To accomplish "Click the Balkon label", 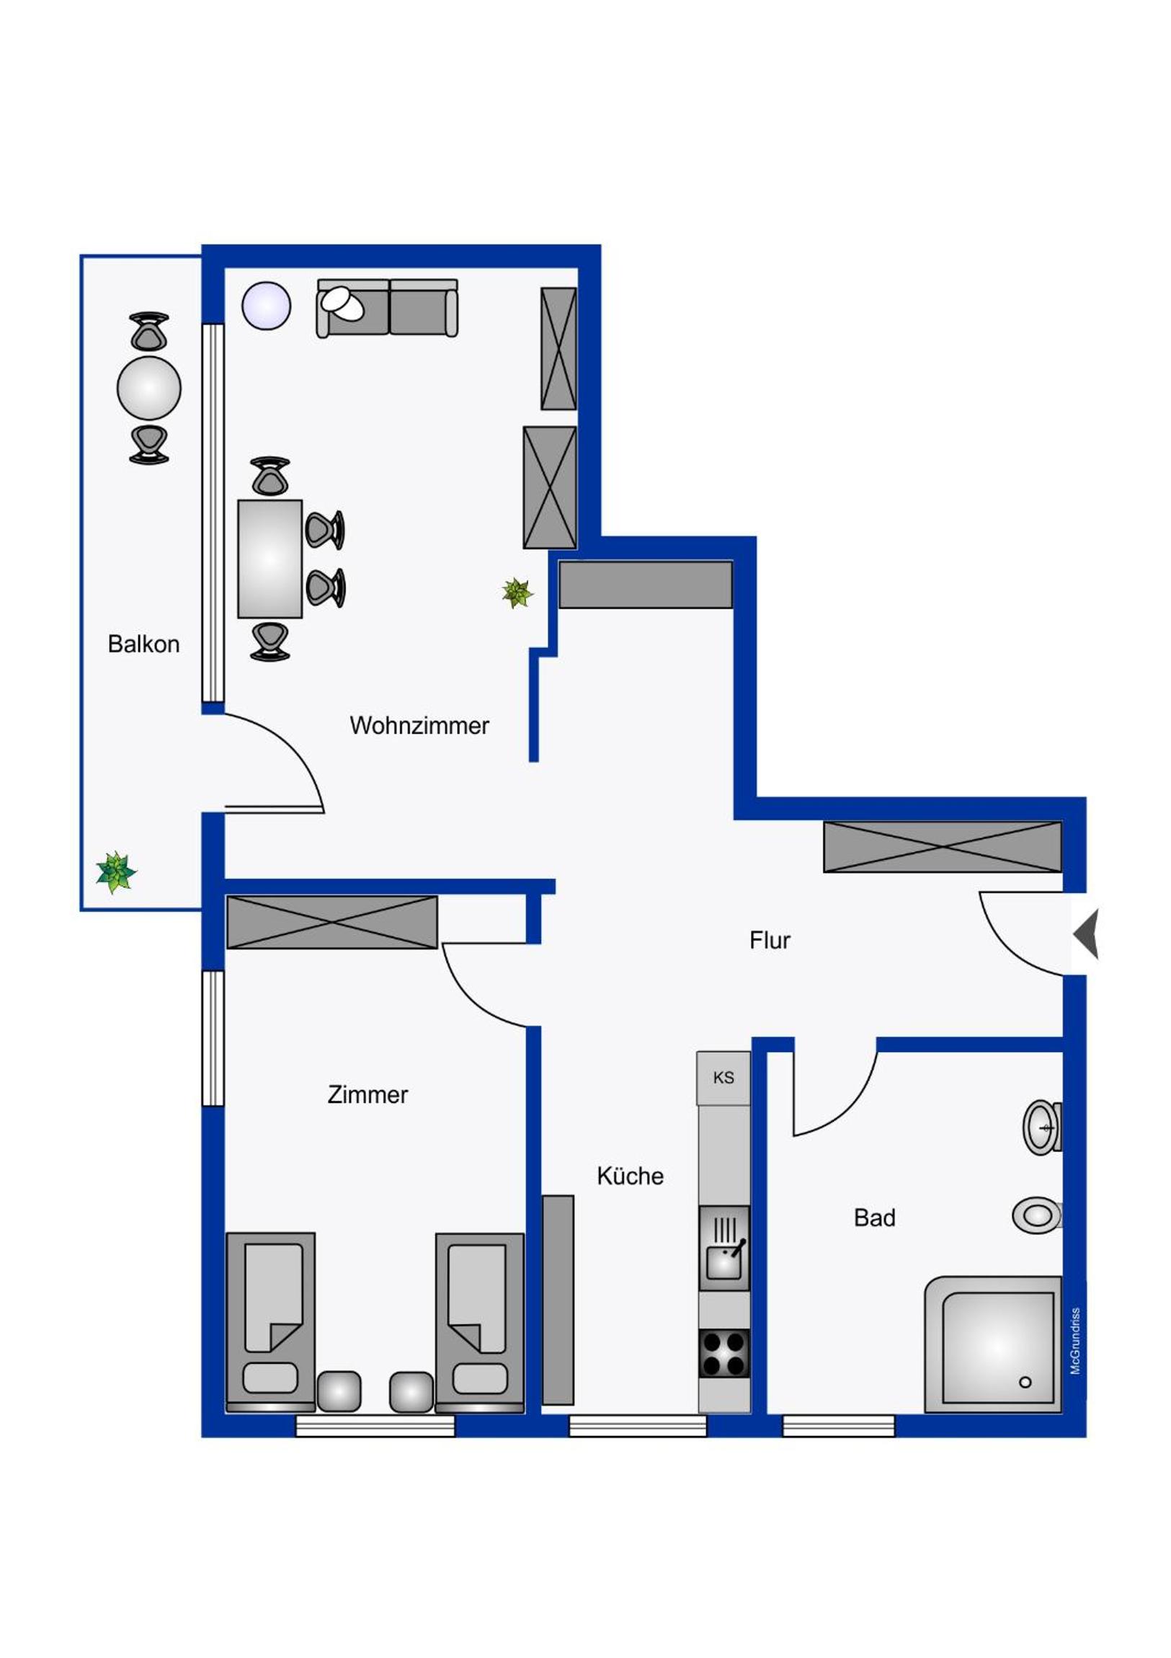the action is pyautogui.click(x=143, y=644).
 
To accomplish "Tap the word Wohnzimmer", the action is pyautogui.click(x=419, y=725).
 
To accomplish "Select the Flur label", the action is pyautogui.click(x=770, y=940).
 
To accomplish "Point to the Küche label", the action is pyautogui.click(x=631, y=1176).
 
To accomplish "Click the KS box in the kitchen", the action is pyautogui.click(x=723, y=1078).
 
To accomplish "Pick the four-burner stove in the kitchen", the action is pyautogui.click(x=724, y=1353).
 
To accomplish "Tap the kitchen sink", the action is pyautogui.click(x=724, y=1247).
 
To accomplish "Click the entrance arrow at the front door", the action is pyautogui.click(x=1086, y=934).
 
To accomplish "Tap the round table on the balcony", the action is pyautogui.click(x=148, y=388).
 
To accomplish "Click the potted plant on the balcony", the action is pyautogui.click(x=115, y=872).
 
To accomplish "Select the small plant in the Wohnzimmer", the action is pyautogui.click(x=517, y=593).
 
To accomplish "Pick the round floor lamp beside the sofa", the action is pyautogui.click(x=267, y=306).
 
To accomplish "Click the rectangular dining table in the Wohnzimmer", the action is pyautogui.click(x=270, y=558).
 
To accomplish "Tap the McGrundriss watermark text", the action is pyautogui.click(x=1075, y=1341).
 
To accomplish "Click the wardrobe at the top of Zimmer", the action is pyautogui.click(x=332, y=922).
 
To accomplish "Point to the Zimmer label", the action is pyautogui.click(x=368, y=1094).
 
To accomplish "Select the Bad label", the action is pyautogui.click(x=874, y=1218).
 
